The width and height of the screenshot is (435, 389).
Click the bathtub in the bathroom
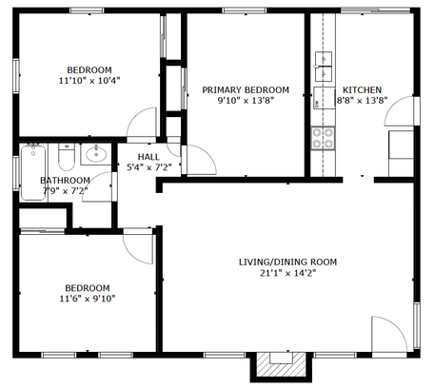(33, 172)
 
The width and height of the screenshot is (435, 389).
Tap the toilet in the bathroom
(67, 157)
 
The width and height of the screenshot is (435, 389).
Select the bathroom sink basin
(96, 154)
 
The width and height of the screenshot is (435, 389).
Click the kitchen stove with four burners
(323, 138)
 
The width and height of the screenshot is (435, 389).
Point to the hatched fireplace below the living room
(281, 364)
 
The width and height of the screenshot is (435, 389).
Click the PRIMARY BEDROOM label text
(246, 90)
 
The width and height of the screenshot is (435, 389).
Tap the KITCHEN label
(362, 90)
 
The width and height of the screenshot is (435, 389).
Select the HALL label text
(148, 157)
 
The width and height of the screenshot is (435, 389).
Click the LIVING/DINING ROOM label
(287, 263)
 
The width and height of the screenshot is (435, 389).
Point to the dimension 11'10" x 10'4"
(89, 81)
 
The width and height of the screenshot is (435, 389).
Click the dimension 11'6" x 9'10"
(88, 299)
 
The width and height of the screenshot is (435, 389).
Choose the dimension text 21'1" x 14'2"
(288, 273)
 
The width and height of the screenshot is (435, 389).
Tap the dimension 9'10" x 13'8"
(246, 101)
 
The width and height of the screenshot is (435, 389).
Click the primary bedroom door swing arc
(208, 152)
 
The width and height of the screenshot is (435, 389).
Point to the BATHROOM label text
(65, 181)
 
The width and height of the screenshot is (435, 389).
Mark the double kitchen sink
(324, 67)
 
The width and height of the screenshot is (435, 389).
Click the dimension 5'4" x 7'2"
(149, 167)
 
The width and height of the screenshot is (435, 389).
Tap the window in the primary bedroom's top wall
(245, 10)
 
